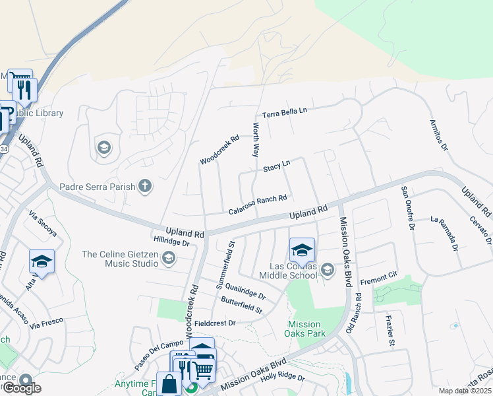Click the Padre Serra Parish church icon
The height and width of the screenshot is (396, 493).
(x=145, y=187)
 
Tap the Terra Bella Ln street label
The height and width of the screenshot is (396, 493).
(x=285, y=113)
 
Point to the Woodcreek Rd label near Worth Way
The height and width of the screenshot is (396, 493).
(x=219, y=150)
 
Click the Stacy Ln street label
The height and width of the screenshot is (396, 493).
(x=277, y=167)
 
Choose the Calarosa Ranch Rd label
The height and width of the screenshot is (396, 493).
(x=258, y=204)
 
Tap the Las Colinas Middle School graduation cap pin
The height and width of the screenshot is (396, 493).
(x=302, y=250)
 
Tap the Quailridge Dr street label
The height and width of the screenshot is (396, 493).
(x=245, y=291)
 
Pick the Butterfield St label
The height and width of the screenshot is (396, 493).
(x=241, y=305)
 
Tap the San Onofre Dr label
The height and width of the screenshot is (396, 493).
(x=407, y=207)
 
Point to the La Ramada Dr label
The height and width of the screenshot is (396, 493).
(x=444, y=234)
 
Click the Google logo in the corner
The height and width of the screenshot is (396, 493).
(x=22, y=387)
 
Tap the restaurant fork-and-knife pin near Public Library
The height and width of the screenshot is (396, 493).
(x=25, y=89)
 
